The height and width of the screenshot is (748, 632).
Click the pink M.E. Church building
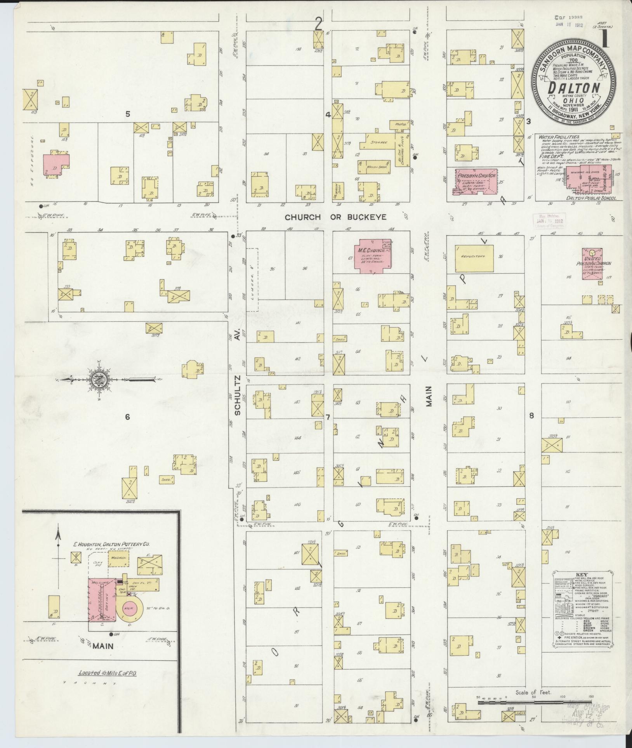(372, 256)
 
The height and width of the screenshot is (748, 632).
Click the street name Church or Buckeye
(336, 217)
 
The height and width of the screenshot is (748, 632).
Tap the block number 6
(127, 417)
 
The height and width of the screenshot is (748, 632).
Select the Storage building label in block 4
(380, 142)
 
